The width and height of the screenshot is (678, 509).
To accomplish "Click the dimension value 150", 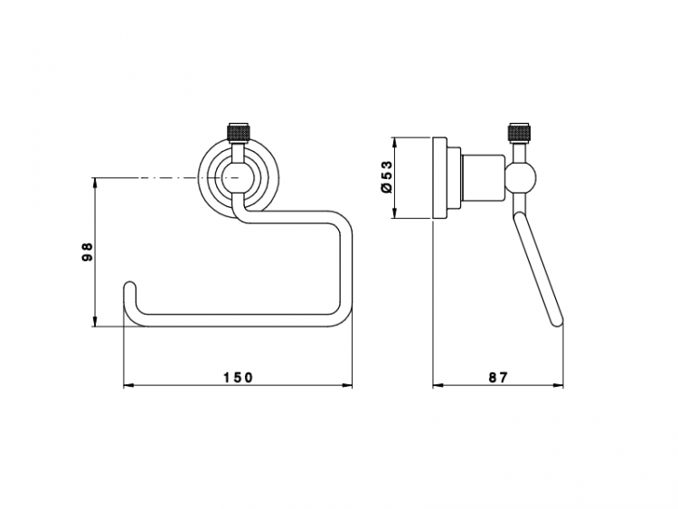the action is [x=238, y=378].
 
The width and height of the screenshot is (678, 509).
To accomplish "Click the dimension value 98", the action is [x=88, y=251].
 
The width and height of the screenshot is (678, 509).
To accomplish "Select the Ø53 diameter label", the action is [x=386, y=176].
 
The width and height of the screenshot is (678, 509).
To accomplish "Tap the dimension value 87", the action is [x=498, y=378].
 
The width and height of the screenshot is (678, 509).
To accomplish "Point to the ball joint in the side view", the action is [x=521, y=178].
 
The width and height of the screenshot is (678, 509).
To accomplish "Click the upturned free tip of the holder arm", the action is [x=130, y=287].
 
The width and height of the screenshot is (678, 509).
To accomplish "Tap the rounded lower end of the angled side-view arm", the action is [x=557, y=320].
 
